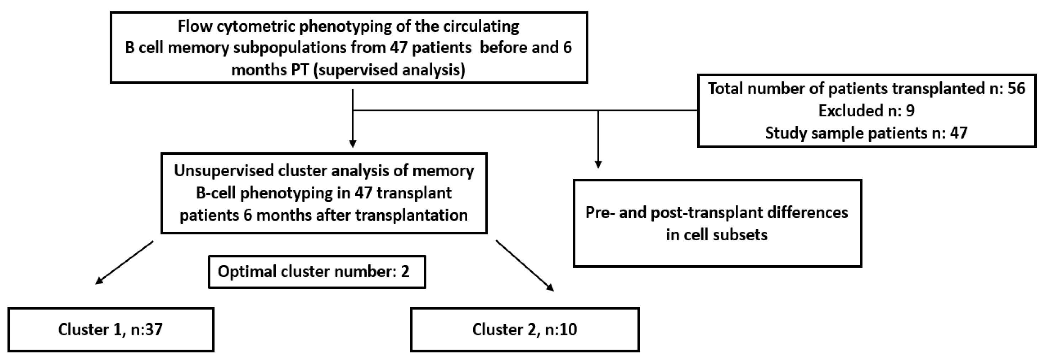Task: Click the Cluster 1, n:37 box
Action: [110, 329]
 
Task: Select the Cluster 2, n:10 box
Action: [525, 329]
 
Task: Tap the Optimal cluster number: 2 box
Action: [317, 272]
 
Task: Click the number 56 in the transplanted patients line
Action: [1016, 88]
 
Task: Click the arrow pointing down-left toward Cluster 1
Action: [124, 263]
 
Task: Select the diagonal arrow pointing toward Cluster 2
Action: [525, 265]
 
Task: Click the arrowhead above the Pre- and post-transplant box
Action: [598, 164]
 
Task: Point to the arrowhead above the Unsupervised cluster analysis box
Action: [353, 143]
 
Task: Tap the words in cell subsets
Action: [716, 235]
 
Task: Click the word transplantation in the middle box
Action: [411, 215]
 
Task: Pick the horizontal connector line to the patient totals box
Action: [527, 110]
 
